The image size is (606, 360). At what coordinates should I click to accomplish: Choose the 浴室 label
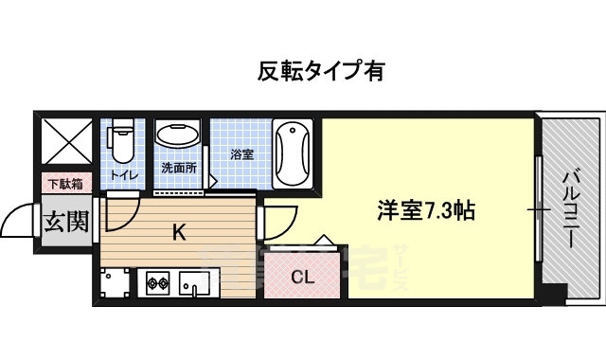241,153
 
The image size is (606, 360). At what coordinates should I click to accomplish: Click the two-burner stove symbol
157,281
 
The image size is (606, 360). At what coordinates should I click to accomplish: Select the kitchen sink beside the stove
197,282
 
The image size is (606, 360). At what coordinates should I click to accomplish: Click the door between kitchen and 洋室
269,222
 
